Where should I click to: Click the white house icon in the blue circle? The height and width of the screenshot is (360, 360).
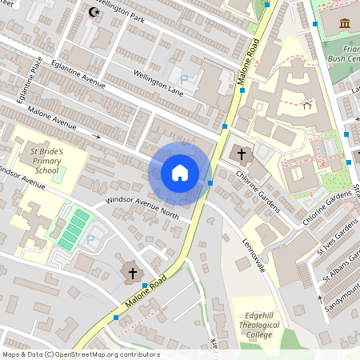coord(180,172)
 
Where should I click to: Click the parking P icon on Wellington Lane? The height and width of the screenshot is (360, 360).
coord(185,79)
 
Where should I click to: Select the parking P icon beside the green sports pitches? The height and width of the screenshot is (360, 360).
coord(90,238)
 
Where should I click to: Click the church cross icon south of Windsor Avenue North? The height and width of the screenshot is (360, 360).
coord(133,273)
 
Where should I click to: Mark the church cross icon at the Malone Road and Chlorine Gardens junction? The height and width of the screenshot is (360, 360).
coord(241,153)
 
